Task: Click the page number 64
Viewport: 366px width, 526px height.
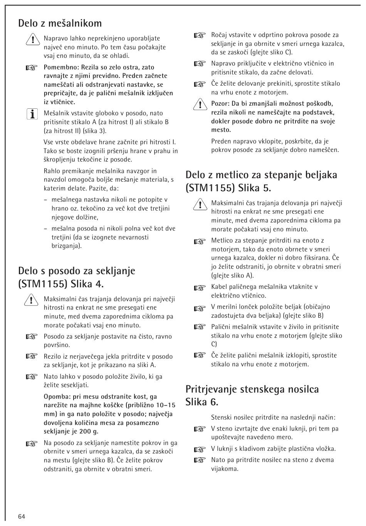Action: click(21, 516)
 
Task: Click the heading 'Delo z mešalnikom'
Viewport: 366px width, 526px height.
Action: click(60, 23)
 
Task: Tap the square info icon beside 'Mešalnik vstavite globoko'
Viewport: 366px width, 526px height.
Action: click(32, 114)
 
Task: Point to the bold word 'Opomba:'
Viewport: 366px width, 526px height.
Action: click(57, 396)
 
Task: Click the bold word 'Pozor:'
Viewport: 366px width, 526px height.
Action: click(220, 103)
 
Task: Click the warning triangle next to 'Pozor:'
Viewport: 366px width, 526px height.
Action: click(200, 104)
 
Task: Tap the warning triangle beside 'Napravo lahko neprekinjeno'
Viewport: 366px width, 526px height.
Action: click(32, 39)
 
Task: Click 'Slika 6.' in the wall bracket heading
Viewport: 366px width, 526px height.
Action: click(202, 402)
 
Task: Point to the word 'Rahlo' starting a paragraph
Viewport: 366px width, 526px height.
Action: click(52, 171)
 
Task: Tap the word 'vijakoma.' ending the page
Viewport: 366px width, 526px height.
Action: click(225, 469)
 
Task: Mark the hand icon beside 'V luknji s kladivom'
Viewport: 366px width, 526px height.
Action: click(200, 449)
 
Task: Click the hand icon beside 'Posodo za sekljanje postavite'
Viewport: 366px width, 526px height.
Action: click(32, 337)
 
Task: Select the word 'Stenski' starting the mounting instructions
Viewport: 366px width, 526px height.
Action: click(222, 417)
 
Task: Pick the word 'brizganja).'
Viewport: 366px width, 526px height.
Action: click(67, 246)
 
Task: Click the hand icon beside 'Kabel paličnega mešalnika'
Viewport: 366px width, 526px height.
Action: click(200, 287)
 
